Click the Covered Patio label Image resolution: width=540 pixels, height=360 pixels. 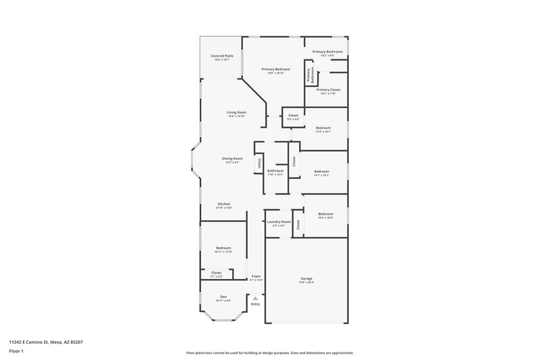coord(222,56)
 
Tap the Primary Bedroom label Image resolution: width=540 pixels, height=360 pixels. coord(276,70)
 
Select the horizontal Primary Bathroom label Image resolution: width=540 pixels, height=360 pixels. coord(327,52)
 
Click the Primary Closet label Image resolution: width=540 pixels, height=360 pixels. coord(327,90)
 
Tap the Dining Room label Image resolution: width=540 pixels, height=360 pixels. coord(232,159)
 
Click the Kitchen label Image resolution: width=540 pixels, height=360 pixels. coord(223,204)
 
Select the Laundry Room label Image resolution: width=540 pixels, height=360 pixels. coord(279,222)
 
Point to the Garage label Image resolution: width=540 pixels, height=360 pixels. coord(306,278)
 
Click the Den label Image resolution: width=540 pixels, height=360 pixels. coord(223,297)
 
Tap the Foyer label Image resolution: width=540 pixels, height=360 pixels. coord(256,276)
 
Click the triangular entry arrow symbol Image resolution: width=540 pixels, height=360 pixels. coord(255,297)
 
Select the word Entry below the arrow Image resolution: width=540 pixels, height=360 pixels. coord(255,304)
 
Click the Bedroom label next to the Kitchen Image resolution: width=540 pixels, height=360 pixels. coord(223,249)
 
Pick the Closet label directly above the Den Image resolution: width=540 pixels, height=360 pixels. coord(215,273)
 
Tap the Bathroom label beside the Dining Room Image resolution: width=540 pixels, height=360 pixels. coord(275,171)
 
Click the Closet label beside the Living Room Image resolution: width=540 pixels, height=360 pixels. coord(293,115)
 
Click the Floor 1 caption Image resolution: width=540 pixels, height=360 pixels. coord(16,352)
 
